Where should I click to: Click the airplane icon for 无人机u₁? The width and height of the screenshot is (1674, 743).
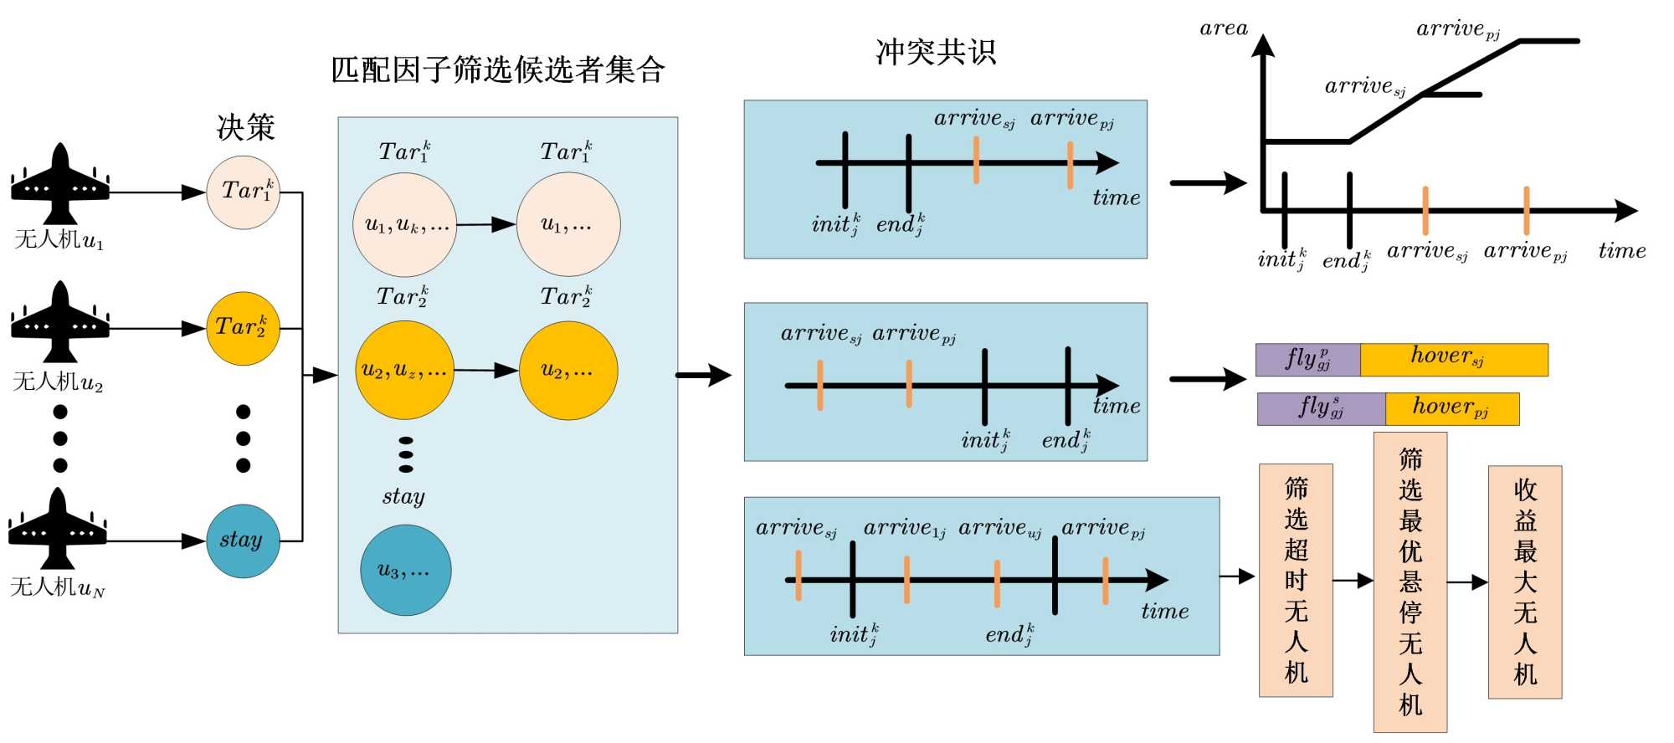pyautogui.click(x=59, y=183)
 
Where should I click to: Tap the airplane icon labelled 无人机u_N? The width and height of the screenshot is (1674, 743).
pyautogui.click(x=58, y=529)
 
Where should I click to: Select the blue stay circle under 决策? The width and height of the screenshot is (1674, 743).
pyautogui.click(x=243, y=541)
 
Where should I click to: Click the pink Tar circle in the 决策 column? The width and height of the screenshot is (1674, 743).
pyautogui.click(x=243, y=192)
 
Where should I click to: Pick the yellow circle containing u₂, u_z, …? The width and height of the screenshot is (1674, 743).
pyautogui.click(x=405, y=370)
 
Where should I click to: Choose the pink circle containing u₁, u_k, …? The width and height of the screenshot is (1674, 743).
pyautogui.click(x=405, y=224)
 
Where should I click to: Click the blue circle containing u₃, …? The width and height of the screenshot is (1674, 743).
pyautogui.click(x=406, y=570)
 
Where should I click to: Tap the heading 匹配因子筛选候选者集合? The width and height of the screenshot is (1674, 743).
pyautogui.click(x=498, y=69)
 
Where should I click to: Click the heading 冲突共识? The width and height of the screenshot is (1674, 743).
pyautogui.click(x=936, y=52)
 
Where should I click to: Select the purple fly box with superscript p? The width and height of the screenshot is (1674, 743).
pyautogui.click(x=1308, y=360)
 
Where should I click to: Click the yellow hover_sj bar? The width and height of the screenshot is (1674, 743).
pyautogui.click(x=1455, y=360)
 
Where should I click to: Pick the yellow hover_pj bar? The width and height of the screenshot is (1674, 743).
pyautogui.click(x=1452, y=409)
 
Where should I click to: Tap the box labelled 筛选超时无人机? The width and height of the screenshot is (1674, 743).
pyautogui.click(x=1296, y=580)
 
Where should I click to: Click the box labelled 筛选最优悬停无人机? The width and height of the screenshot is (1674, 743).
pyautogui.click(x=1410, y=582)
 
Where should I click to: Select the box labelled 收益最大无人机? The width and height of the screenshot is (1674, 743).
pyautogui.click(x=1525, y=582)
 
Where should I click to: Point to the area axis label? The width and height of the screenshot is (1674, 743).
pyautogui.click(x=1224, y=28)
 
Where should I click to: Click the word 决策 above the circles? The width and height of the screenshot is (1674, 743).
pyautogui.click(x=246, y=127)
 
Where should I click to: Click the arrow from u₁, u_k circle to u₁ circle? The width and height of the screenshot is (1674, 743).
pyautogui.click(x=486, y=224)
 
